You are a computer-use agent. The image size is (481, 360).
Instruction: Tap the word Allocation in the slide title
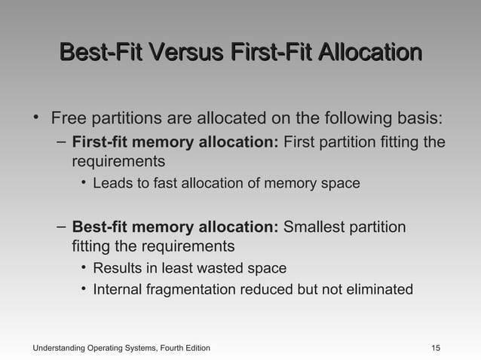coord(369,53)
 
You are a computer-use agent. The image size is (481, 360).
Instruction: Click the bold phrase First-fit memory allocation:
coord(175,144)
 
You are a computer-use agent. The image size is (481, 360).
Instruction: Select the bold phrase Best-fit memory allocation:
coord(175,227)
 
